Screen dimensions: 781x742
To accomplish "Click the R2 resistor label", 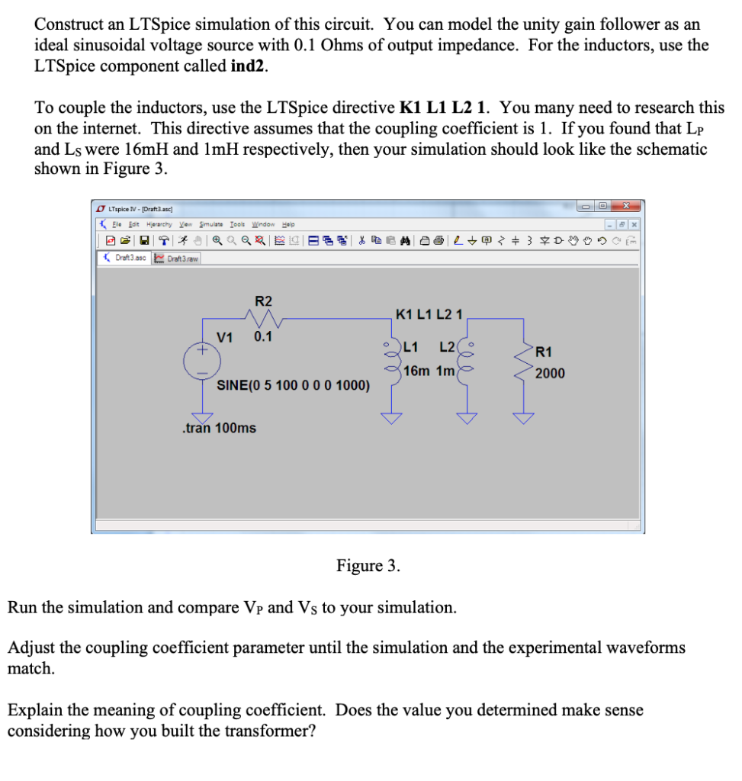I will click(x=262, y=301).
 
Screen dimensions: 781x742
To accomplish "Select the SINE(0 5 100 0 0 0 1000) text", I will click(x=294, y=385).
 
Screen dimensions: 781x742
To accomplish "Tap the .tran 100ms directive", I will click(x=220, y=428).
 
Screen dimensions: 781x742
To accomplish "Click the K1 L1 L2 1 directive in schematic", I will click(x=435, y=313).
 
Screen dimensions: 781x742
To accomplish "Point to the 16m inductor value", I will click(x=416, y=371).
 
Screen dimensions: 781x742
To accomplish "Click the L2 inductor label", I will click(x=448, y=348).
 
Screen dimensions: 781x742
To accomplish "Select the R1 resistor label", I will click(x=543, y=352).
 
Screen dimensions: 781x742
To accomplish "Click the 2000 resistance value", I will click(x=550, y=373).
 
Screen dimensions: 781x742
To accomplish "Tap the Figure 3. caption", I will click(x=368, y=565).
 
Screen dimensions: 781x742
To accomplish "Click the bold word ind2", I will click(x=249, y=66).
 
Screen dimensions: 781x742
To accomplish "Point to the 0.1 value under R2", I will click(x=263, y=336).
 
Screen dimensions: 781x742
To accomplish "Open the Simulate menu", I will click(x=211, y=224).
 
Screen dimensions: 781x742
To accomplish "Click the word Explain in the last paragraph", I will click(x=35, y=710).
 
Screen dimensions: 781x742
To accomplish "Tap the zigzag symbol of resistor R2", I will click(x=262, y=318).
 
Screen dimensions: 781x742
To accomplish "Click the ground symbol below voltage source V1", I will click(x=202, y=415).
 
